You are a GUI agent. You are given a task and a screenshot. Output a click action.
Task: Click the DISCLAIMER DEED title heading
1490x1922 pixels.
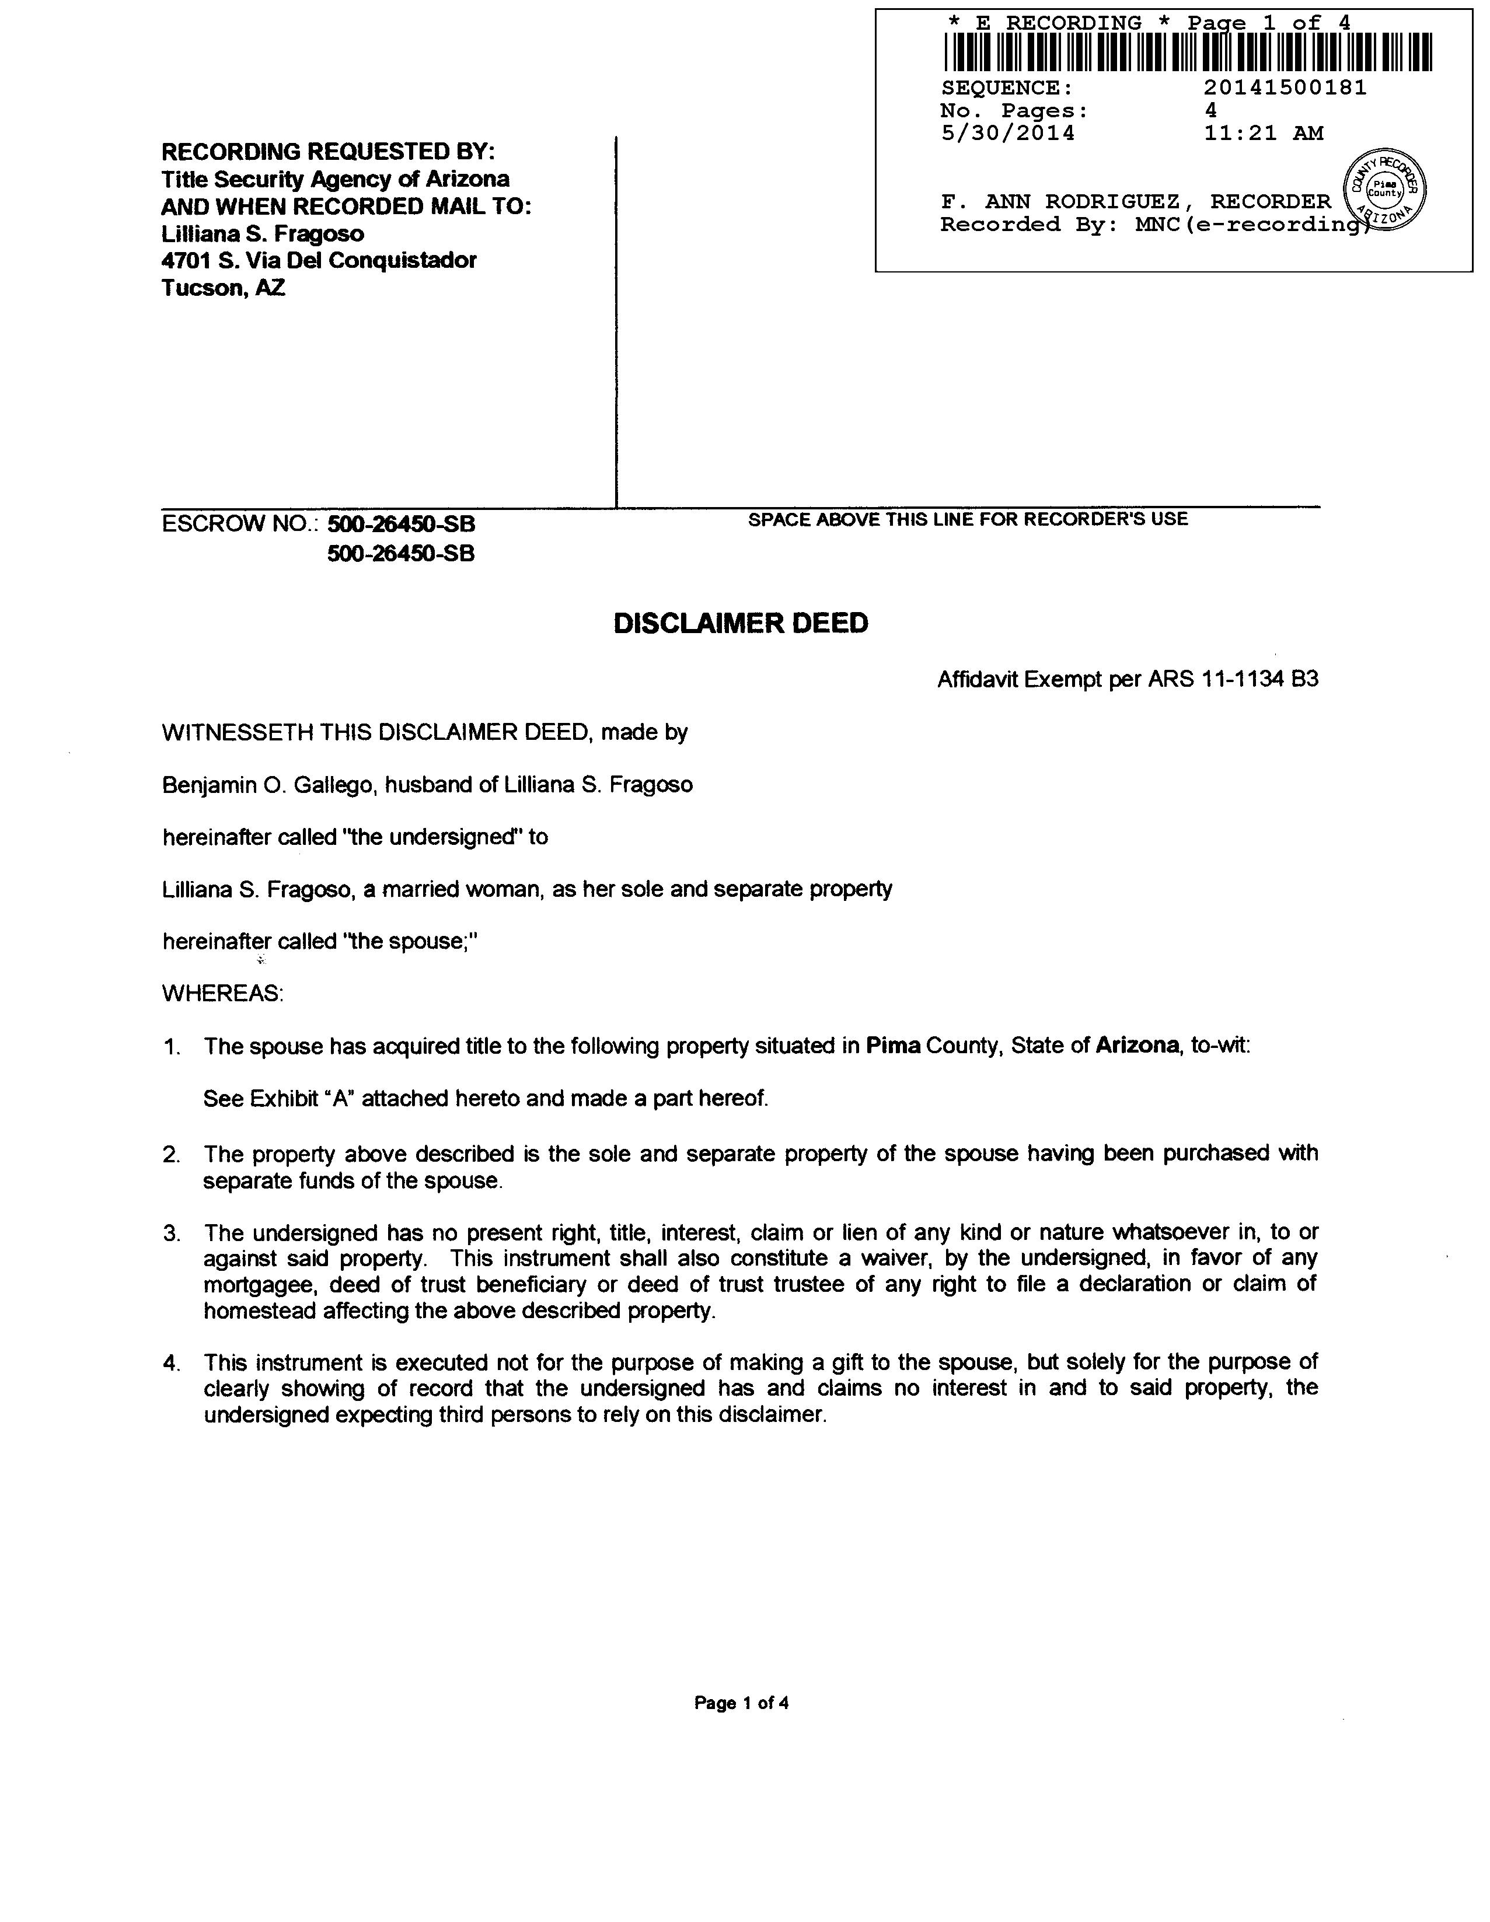[740, 623]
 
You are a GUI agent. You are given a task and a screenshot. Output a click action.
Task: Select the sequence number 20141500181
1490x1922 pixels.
[1285, 88]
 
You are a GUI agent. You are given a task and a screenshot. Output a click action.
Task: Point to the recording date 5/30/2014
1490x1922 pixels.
[1008, 134]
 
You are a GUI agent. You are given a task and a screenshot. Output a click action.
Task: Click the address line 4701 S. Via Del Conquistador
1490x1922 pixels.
[319, 260]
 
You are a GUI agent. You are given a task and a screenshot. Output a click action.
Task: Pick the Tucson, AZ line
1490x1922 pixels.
[223, 288]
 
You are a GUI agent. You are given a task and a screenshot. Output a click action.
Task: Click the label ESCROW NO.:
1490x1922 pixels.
[240, 525]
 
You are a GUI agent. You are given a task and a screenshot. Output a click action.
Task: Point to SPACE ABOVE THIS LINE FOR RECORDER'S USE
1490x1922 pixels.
[967, 519]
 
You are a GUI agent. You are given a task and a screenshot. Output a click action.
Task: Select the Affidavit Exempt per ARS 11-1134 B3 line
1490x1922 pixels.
[1128, 679]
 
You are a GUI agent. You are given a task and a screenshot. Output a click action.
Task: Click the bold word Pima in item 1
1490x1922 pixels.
[892, 1046]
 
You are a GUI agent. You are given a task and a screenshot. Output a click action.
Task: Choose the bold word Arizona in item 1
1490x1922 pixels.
[1136, 1046]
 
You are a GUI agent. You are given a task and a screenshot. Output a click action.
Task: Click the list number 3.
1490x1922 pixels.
[171, 1233]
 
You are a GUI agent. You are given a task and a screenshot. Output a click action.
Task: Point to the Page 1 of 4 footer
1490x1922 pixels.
[741, 1703]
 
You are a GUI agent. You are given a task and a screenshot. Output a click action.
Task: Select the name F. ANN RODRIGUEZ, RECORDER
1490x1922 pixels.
[1135, 201]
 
